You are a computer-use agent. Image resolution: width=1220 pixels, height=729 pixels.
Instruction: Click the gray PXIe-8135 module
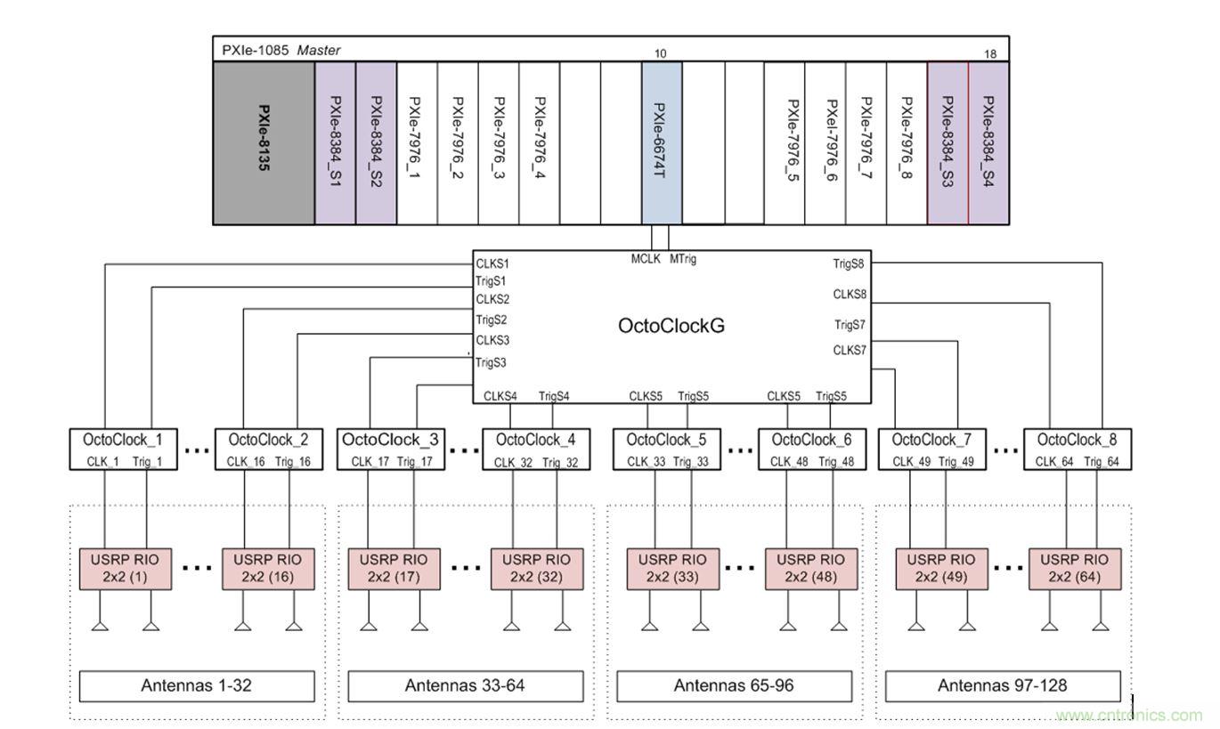pyautogui.click(x=264, y=142)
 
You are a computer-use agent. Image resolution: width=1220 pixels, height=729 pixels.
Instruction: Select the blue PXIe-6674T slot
pyautogui.click(x=661, y=142)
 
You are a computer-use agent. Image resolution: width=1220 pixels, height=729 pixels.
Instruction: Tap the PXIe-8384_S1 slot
pyautogui.click(x=335, y=142)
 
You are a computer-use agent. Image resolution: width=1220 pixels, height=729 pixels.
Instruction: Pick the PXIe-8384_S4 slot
pyautogui.click(x=988, y=142)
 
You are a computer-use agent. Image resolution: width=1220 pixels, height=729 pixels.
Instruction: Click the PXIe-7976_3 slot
pyautogui.click(x=499, y=142)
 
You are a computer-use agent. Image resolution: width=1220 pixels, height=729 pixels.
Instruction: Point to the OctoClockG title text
pyautogui.click(x=671, y=326)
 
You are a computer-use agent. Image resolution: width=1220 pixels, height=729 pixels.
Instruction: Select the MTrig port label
pyautogui.click(x=682, y=259)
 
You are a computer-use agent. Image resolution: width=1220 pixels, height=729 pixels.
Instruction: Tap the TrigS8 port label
pyautogui.click(x=849, y=263)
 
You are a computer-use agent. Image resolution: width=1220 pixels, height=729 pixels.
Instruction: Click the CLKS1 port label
pyautogui.click(x=492, y=264)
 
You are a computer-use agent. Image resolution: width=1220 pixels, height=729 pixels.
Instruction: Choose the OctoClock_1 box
pyautogui.click(x=123, y=449)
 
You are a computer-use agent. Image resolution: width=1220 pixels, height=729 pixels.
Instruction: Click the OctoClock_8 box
pyautogui.click(x=1077, y=449)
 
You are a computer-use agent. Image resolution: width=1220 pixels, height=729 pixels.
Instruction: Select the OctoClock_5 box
pyautogui.click(x=666, y=449)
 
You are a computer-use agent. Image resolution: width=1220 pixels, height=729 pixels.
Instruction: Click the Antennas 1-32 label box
pyautogui.click(x=197, y=685)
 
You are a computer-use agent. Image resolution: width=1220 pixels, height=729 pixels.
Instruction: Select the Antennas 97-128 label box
pyautogui.click(x=1002, y=685)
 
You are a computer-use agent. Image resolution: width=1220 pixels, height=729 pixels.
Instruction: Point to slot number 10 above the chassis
pyautogui.click(x=660, y=53)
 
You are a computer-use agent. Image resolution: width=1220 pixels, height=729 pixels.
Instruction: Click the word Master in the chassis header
pyautogui.click(x=319, y=51)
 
